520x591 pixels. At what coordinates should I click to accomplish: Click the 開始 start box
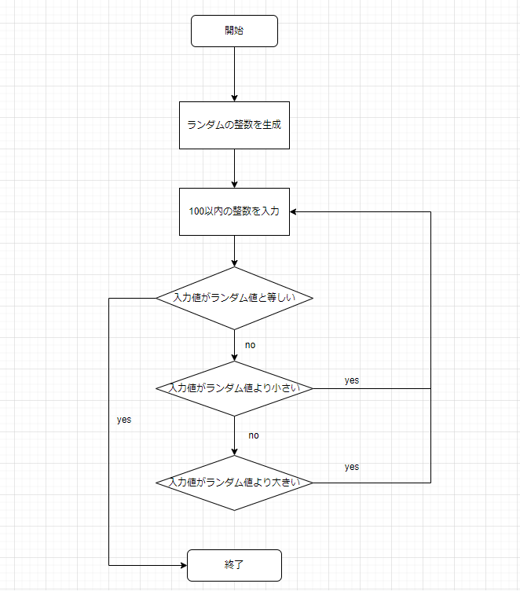pyautogui.click(x=234, y=31)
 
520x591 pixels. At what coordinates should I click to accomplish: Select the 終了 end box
pyautogui.click(x=234, y=565)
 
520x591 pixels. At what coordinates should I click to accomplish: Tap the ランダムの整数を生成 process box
pyautogui.click(x=234, y=125)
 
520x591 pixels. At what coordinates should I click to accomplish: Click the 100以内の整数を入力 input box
pyautogui.click(x=234, y=211)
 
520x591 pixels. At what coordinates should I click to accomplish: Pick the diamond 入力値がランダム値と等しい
pyautogui.click(x=234, y=298)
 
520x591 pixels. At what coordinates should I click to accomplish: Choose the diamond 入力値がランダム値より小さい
pyautogui.click(x=234, y=388)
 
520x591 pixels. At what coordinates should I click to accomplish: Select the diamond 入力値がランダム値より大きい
pyautogui.click(x=234, y=483)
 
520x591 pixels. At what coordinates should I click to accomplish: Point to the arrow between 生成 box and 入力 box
pyautogui.click(x=234, y=167)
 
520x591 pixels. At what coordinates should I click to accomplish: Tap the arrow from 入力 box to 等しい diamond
pyautogui.click(x=234, y=251)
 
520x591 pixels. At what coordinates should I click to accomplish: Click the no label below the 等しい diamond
pyautogui.click(x=250, y=345)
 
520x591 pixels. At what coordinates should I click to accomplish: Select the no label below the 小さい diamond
pyautogui.click(x=254, y=435)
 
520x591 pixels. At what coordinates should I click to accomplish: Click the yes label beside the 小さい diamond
pyautogui.click(x=351, y=380)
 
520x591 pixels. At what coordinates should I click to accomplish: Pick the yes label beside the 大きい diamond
pyautogui.click(x=351, y=467)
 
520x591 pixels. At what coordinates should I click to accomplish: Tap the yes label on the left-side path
pyautogui.click(x=123, y=420)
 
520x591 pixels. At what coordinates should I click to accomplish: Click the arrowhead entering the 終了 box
pyautogui.click(x=182, y=565)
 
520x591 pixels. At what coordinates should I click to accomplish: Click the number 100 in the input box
pyautogui.click(x=196, y=211)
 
